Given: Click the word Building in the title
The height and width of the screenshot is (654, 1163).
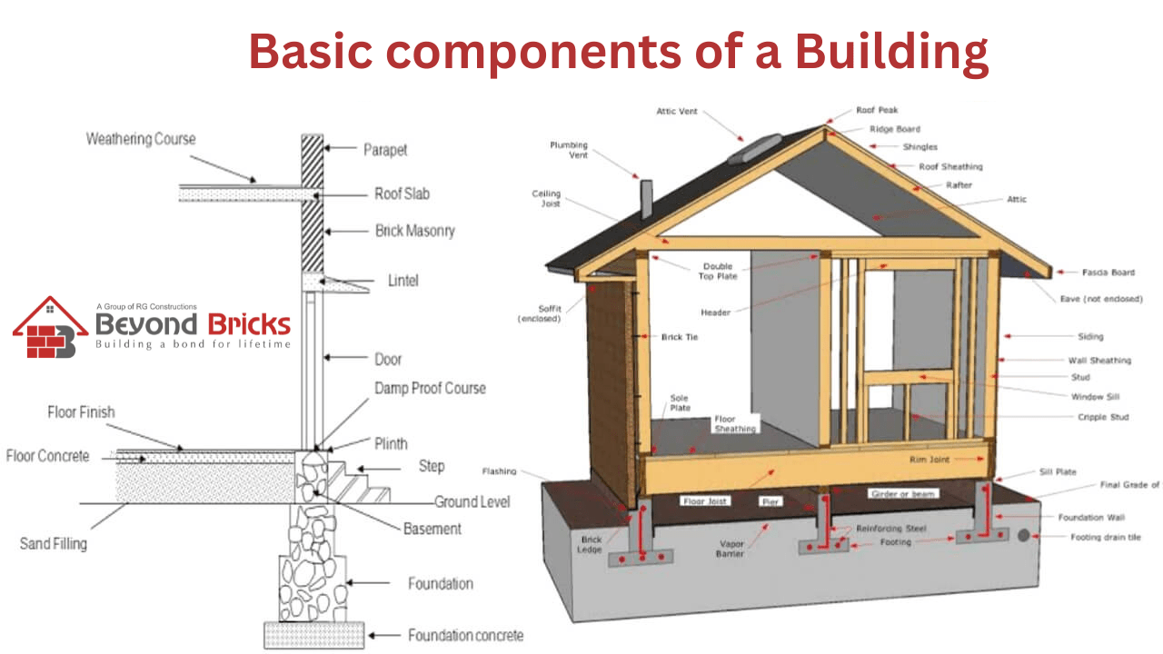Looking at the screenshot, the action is click(891, 51).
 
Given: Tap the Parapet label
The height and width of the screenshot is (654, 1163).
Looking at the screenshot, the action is click(385, 149).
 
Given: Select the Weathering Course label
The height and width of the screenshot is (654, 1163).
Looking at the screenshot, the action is click(141, 139).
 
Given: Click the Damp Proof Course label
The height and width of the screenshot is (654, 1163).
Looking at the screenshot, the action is click(430, 388).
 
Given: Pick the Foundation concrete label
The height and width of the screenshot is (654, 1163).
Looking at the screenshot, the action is click(465, 636).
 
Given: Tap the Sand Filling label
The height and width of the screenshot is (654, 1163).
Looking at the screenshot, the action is click(54, 544).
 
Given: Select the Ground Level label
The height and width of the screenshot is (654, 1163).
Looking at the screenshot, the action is click(472, 501).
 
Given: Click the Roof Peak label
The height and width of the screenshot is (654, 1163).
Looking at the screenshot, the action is click(877, 111).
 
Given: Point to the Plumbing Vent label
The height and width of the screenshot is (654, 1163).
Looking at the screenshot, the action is click(569, 150).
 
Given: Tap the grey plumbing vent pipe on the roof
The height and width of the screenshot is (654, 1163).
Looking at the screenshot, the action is click(647, 198).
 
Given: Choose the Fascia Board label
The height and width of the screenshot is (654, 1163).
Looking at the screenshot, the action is click(1108, 272).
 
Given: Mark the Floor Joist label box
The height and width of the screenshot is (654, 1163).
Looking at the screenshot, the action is click(706, 500).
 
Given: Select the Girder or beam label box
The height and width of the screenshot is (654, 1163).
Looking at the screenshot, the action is click(903, 493).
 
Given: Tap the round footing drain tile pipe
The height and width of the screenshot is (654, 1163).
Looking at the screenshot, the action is click(1024, 537).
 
